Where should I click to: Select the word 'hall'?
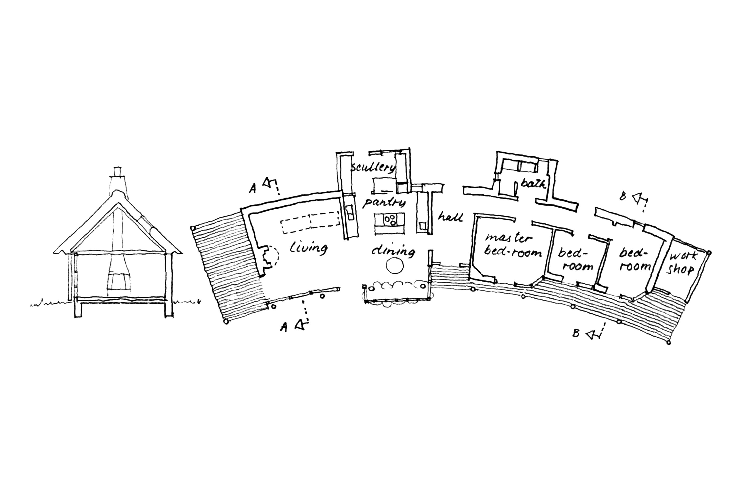point(450,216)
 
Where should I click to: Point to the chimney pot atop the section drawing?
point(117,172)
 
